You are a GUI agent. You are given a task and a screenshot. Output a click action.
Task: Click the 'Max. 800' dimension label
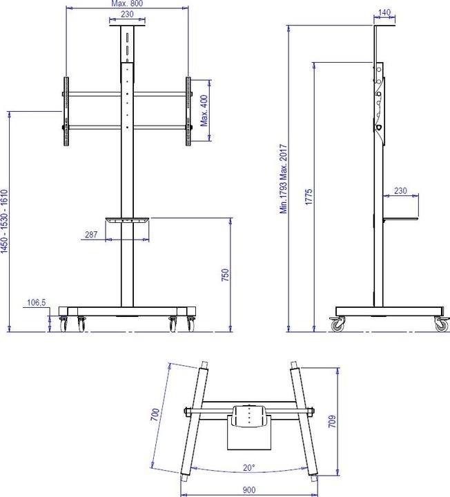pos(127,3)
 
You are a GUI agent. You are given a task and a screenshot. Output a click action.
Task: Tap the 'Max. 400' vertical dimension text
pos(204,110)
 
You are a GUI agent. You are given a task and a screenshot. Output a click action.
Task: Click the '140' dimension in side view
pos(385,12)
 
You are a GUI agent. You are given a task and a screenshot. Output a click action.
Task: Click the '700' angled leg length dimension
pos(156,415)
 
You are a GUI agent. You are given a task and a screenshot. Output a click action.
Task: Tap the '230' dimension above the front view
pos(127,14)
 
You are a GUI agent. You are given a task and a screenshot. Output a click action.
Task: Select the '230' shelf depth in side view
pos(400,191)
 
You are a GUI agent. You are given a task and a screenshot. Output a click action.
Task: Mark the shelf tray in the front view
pos(127,221)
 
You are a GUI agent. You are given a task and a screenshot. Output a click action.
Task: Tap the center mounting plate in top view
pos(249,417)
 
